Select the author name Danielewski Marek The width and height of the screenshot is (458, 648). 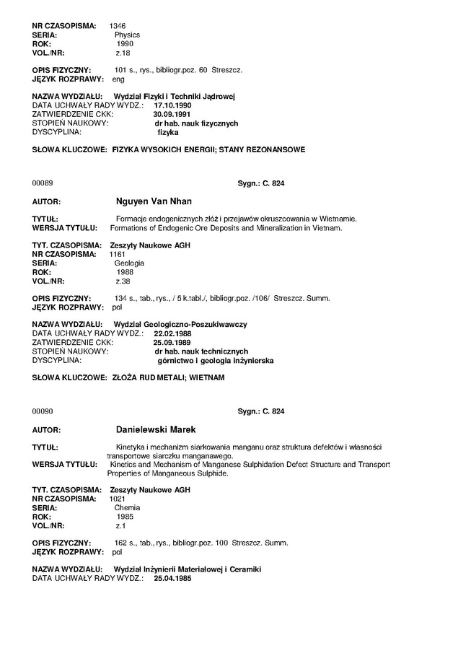tap(157, 429)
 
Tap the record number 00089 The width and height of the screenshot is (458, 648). tap(43, 183)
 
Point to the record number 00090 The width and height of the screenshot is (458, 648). tap(43, 411)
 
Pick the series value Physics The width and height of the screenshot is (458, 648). tap(127, 35)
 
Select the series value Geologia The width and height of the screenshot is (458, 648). tap(129, 263)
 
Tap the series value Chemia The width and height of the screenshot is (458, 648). tap(127, 508)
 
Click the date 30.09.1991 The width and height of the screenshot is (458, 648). tap(172, 114)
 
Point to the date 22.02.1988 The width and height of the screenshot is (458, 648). tap(172, 333)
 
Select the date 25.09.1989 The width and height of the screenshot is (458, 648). tap(172, 343)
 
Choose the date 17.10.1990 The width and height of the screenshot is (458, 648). tap(172, 105)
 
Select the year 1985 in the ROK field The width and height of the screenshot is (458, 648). tap(125, 517)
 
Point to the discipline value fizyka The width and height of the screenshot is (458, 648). tap(167, 132)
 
